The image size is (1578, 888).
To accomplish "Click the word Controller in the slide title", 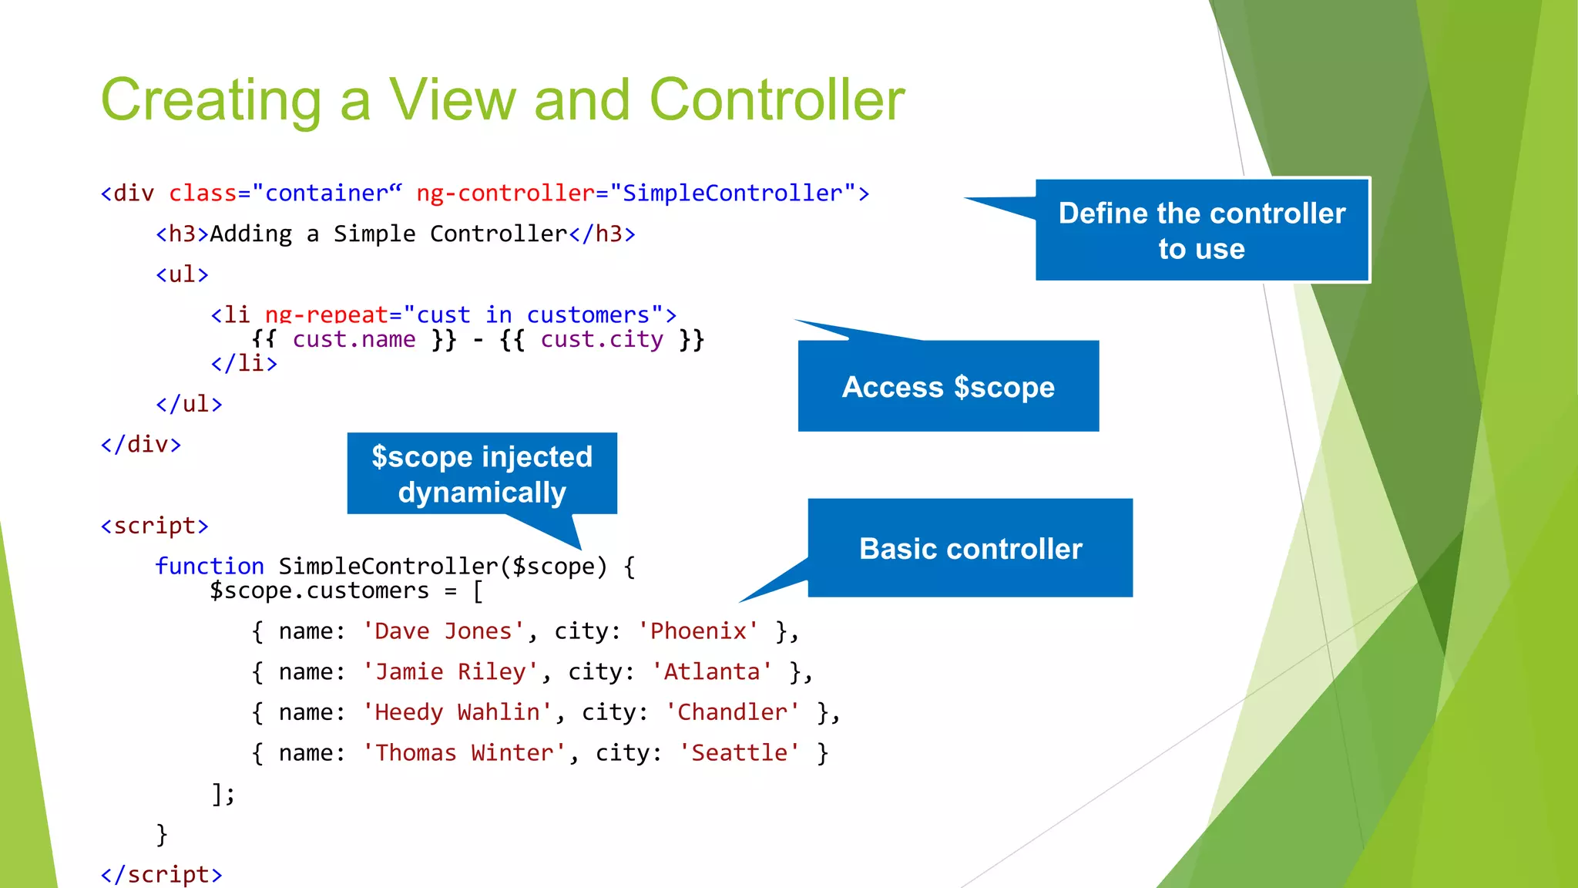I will (777, 100).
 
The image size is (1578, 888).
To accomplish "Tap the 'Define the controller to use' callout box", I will (1201, 230).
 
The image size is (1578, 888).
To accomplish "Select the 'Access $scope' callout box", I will (948, 386).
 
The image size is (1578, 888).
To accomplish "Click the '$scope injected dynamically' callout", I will (482, 473).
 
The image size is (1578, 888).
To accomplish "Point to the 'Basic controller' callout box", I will (970, 548).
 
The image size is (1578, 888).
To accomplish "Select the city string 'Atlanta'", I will (712, 672).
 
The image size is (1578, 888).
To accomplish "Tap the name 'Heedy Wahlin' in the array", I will (458, 712).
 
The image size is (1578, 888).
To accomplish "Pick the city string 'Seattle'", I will (739, 753).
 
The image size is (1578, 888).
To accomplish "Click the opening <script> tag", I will (154, 526).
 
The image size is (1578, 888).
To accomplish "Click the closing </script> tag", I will (161, 874).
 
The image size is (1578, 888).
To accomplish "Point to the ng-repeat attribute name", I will (326, 315).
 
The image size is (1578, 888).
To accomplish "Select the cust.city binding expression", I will (601, 339).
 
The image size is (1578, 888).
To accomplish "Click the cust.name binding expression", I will (354, 339).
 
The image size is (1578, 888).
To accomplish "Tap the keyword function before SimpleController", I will (210, 567).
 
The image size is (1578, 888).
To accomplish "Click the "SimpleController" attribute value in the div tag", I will (733, 193).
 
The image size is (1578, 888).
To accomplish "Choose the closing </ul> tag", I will (189, 404).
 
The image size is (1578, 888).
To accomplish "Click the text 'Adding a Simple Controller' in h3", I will (388, 234).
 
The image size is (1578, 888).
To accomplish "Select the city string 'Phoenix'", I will (698, 631).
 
